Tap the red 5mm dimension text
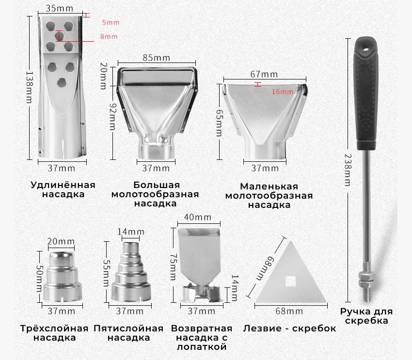point(111,22)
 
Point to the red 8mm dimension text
point(109,36)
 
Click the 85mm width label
point(157,58)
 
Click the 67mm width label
point(264,74)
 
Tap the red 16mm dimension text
point(282,92)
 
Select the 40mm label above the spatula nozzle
point(198,217)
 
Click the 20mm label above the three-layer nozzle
point(62,241)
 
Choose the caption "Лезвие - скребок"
point(290,329)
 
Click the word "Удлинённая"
point(63,185)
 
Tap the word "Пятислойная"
point(128,328)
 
